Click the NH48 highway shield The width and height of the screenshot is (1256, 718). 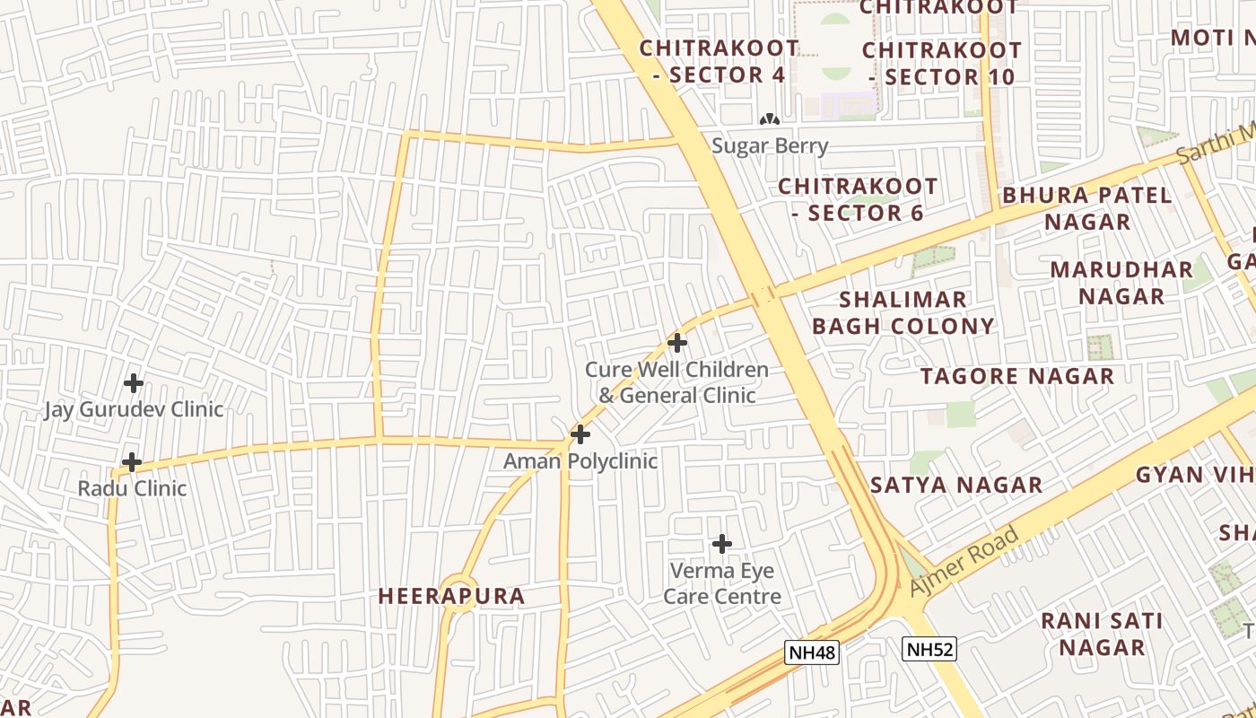[x=812, y=652]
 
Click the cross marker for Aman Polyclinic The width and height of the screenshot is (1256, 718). [x=580, y=435]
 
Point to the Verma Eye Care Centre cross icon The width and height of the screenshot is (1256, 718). [x=721, y=544]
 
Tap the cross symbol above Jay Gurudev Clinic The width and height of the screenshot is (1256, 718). [x=134, y=383]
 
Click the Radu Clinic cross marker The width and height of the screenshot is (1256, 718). [x=132, y=462]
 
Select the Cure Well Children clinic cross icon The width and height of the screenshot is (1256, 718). [x=677, y=343]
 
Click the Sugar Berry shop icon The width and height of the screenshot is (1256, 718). [x=769, y=119]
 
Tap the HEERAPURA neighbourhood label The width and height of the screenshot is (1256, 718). [x=451, y=596]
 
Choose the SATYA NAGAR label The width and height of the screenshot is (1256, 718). [x=956, y=486]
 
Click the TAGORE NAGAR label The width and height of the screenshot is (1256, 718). [x=1016, y=376]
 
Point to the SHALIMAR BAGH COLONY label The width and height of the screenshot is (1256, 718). [x=903, y=312]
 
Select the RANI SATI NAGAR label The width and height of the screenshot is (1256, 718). [x=1102, y=634]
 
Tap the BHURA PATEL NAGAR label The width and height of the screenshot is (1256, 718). [x=1087, y=208]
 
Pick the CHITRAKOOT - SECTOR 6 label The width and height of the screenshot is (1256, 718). [x=858, y=199]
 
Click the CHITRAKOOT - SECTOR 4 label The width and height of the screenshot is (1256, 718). [x=719, y=61]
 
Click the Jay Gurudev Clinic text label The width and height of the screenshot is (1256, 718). [x=134, y=410]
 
